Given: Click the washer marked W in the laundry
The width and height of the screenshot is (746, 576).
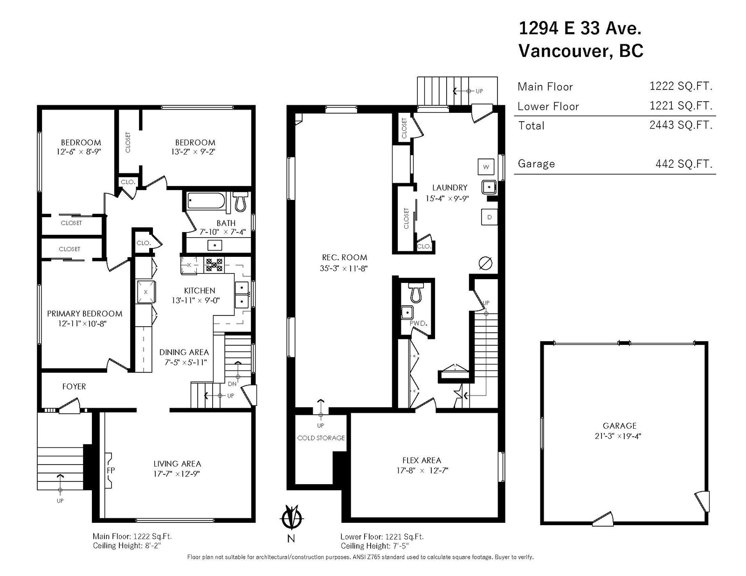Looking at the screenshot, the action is click(486, 167).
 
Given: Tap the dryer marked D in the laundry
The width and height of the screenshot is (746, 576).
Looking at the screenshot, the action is click(489, 217).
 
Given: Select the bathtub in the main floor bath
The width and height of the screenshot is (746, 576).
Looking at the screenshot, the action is click(206, 201).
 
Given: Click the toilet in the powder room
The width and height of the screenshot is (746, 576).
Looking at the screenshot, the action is click(416, 292).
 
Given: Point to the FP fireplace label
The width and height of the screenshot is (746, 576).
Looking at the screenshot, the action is click(111, 470).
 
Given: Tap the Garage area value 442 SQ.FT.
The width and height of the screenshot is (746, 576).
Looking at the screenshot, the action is click(684, 164).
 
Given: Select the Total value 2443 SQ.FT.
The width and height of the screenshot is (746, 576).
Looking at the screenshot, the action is click(681, 125).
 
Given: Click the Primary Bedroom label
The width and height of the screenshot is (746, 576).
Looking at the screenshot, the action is click(85, 314).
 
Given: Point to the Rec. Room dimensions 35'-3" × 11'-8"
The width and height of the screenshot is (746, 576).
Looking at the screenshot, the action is click(344, 268).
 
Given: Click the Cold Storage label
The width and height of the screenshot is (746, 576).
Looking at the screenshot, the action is click(321, 438).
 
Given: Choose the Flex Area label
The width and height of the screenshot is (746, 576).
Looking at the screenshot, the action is click(421, 460).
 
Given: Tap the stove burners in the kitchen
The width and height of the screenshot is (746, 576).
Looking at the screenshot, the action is click(214, 265).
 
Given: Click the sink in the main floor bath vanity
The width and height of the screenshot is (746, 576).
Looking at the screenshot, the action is click(214, 245).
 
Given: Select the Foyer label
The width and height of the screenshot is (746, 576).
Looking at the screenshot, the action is click(74, 387).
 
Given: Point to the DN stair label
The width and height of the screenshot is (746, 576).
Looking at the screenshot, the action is click(232, 384).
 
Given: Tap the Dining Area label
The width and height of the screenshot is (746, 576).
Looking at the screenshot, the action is click(184, 352).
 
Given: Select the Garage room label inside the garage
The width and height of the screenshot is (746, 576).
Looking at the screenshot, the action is click(620, 426).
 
